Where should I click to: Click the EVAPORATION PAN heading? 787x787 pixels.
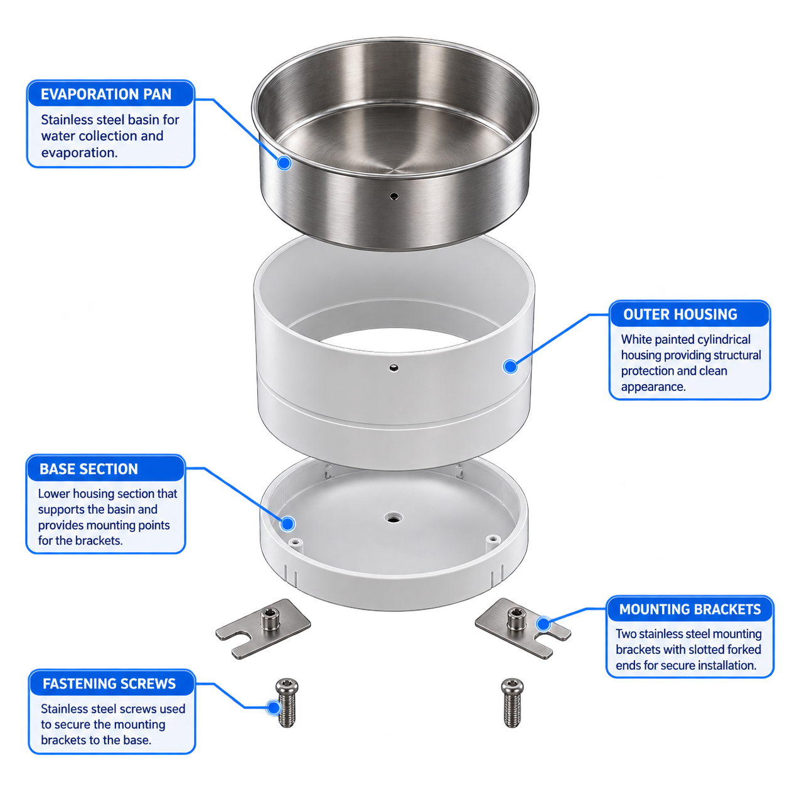(106, 94)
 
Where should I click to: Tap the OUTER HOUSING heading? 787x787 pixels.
(680, 314)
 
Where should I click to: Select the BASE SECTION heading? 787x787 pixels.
(88, 469)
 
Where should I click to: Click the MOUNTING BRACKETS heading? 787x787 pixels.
(690, 609)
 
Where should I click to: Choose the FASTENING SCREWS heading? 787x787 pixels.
(109, 683)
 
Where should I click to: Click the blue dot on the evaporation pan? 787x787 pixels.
(284, 163)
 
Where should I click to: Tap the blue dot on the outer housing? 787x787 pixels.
(510, 367)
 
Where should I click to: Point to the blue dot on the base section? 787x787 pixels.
(288, 523)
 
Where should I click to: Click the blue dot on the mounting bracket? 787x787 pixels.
(543, 624)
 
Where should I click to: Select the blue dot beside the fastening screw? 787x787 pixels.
(274, 707)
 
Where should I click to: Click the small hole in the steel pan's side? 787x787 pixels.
(393, 196)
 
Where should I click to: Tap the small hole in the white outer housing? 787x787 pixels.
(393, 368)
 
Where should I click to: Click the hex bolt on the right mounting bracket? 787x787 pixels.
(517, 618)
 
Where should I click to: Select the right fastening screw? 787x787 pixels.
(512, 703)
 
